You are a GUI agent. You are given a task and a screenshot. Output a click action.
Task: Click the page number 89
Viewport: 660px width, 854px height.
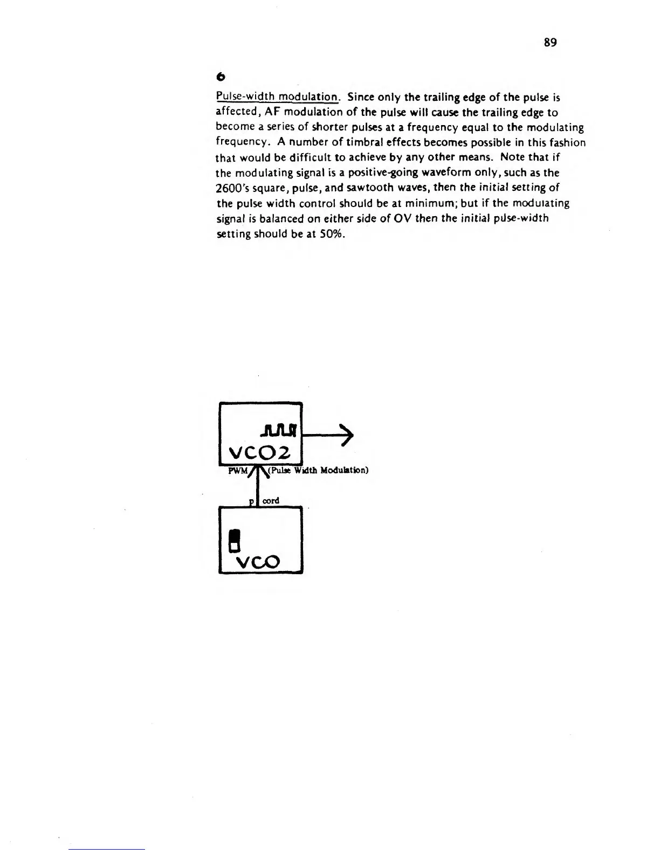point(550,43)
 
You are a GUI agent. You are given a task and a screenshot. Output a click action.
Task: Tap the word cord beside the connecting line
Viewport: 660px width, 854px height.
point(271,501)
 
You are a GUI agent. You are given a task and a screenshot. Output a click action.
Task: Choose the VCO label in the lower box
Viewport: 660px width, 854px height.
point(259,562)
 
